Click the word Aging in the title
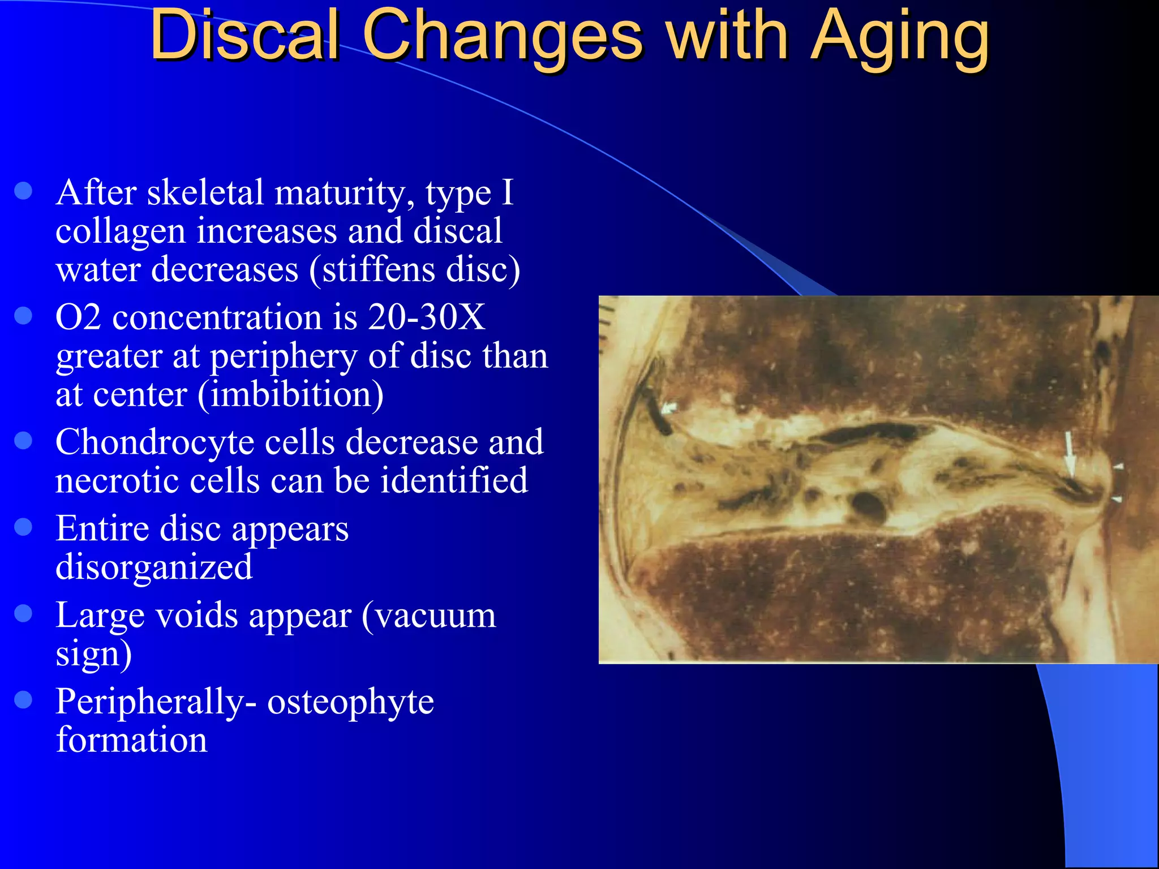coord(900,37)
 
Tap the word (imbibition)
coord(291,394)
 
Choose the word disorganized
coord(154,567)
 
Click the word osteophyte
coord(350,702)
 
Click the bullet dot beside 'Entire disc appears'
coord(23,527)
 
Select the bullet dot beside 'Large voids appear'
coord(23,613)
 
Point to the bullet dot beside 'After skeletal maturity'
coord(23,191)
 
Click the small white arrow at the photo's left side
coord(669,408)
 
